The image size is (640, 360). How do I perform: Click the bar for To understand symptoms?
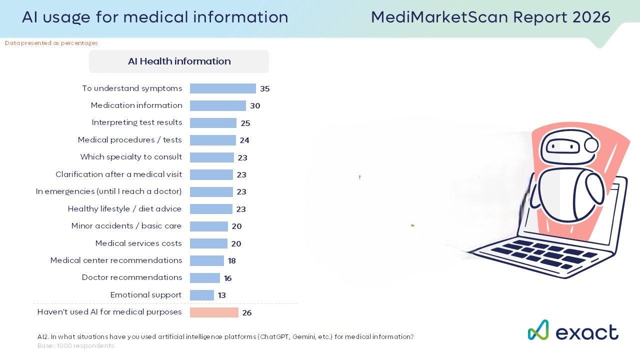[222, 88]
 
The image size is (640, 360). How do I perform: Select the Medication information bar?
[217, 105]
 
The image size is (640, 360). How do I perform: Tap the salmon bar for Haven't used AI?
[214, 312]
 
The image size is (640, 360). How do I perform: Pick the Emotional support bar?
[201, 295]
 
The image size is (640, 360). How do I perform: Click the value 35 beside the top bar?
[264, 89]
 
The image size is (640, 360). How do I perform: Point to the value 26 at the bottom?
[246, 313]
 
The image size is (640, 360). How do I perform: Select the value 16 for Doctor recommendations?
[227, 278]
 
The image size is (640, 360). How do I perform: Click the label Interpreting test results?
[136, 122]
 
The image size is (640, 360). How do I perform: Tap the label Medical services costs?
[138, 243]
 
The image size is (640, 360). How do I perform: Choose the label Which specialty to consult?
[131, 157]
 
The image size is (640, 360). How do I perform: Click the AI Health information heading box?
[179, 61]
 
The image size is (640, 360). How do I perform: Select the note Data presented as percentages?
[51, 43]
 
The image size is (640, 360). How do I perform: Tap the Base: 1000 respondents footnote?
[75, 346]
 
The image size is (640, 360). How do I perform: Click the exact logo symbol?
[538, 330]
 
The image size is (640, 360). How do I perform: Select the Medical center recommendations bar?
[206, 260]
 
